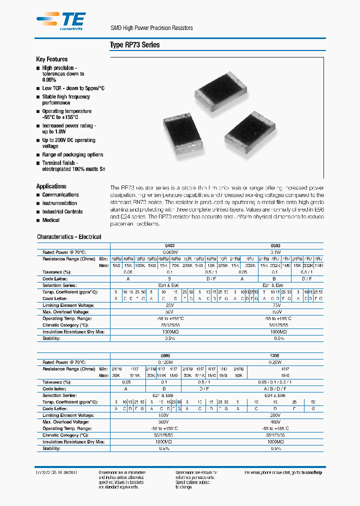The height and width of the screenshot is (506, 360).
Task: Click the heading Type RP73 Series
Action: point(134,45)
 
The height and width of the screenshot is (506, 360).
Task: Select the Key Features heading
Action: point(52,59)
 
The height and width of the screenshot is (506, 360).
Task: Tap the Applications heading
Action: point(51,186)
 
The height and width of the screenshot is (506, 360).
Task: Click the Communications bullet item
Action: point(60,195)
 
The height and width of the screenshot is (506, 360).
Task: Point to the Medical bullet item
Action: point(50,220)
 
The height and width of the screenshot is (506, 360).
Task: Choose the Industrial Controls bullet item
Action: point(62,211)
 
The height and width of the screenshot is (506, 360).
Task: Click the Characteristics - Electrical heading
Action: point(69,237)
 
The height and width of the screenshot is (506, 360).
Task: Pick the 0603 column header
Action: point(275,246)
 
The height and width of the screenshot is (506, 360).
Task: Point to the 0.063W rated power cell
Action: point(171,252)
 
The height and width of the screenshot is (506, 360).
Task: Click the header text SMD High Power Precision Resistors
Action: point(151,28)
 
